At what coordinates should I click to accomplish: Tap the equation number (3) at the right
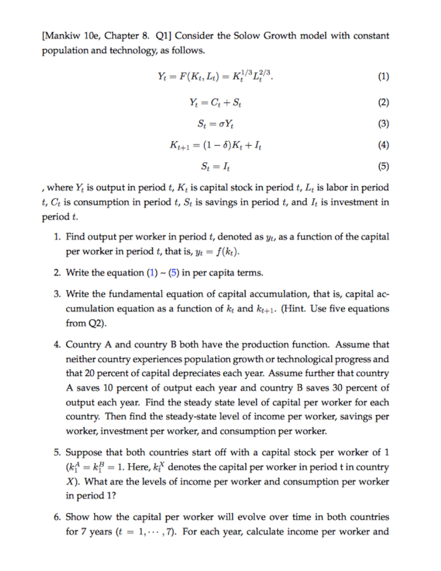[384, 123]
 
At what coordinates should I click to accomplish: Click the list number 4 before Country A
[59, 345]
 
